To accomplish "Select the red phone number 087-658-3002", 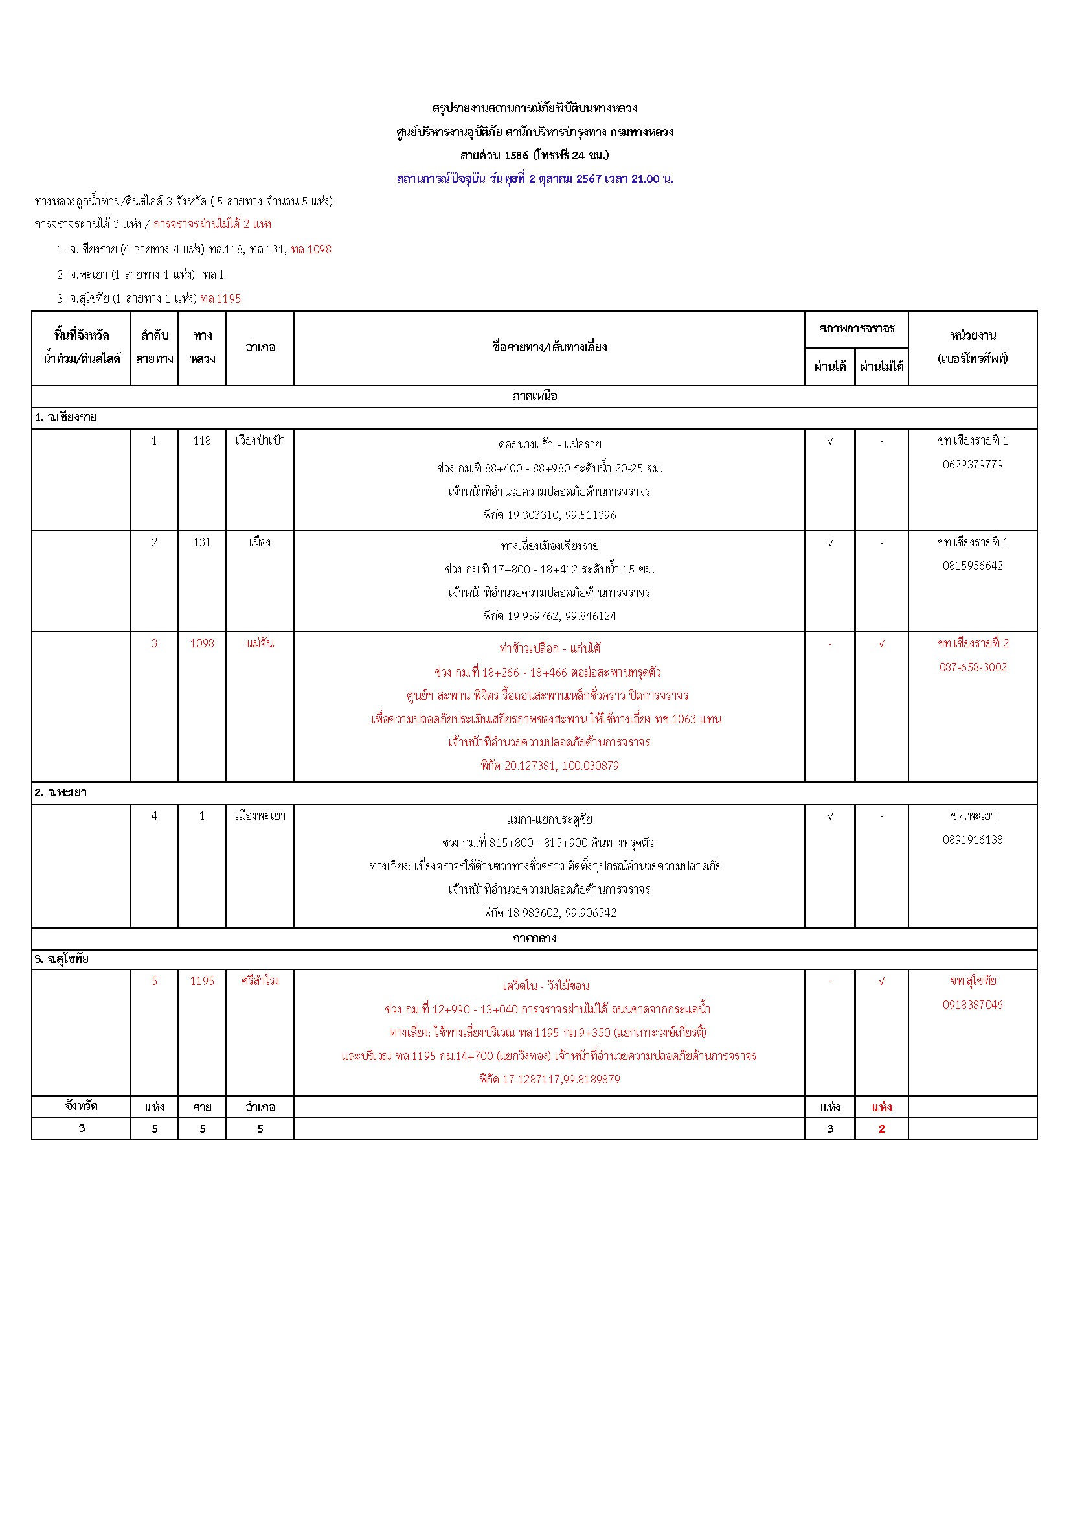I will [973, 667].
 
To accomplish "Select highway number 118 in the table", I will [202, 441].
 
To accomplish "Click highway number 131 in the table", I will [202, 542].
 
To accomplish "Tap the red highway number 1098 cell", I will [202, 643].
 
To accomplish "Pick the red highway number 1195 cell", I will [202, 981].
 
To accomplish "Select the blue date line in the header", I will [535, 179].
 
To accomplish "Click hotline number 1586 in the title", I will [516, 156].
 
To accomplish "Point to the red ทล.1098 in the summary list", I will [311, 249].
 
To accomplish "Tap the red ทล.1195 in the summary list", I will [221, 299].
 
